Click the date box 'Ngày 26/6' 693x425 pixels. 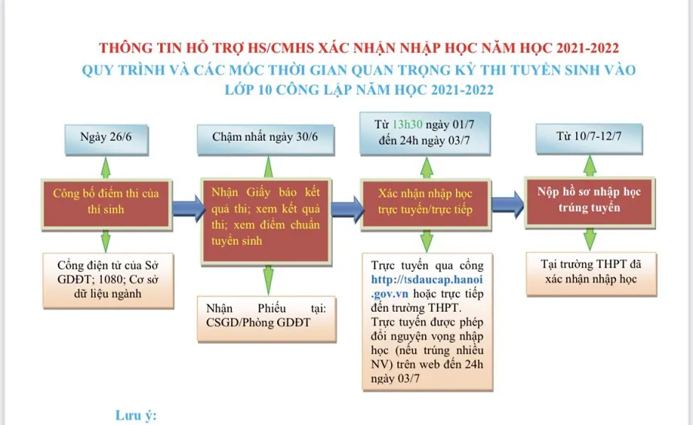[106, 139]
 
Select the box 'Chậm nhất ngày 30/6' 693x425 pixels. [265, 139]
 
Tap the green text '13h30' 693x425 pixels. [407, 125]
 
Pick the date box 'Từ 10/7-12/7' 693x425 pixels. [589, 139]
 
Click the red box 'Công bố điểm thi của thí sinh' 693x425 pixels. [106, 204]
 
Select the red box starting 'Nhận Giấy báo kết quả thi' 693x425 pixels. [266, 221]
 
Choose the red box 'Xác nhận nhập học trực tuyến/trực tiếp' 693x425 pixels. [426, 204]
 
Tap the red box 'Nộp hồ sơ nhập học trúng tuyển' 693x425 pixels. [590, 202]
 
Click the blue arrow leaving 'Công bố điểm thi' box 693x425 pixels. [188, 208]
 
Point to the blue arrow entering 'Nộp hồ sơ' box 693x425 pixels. [507, 205]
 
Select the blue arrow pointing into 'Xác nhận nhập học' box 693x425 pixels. [347, 208]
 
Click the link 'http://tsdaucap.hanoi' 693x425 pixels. [427, 279]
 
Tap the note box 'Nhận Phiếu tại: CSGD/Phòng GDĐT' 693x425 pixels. [266, 319]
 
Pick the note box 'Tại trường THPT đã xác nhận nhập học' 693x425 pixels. [591, 274]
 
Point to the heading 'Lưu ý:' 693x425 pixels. [136, 415]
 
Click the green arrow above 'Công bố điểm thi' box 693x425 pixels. [105, 167]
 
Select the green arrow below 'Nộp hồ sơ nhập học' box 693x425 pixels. [590, 239]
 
